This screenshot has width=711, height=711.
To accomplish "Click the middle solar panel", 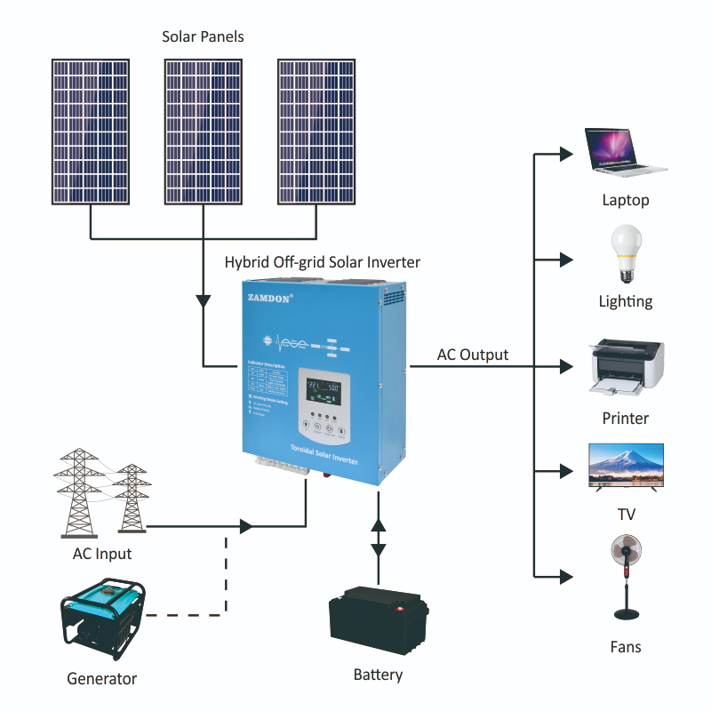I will point(204,132).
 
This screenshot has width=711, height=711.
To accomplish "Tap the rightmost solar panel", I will point(317,132).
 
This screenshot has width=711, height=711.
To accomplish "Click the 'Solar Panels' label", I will point(203,37).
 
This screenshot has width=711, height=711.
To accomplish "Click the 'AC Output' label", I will point(473,355).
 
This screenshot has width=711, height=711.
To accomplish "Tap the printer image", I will point(627,366).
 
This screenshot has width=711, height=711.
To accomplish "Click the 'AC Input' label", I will point(101,554).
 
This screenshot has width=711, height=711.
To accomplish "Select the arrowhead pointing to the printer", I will point(565,365).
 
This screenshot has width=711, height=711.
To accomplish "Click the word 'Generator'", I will point(102,679).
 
